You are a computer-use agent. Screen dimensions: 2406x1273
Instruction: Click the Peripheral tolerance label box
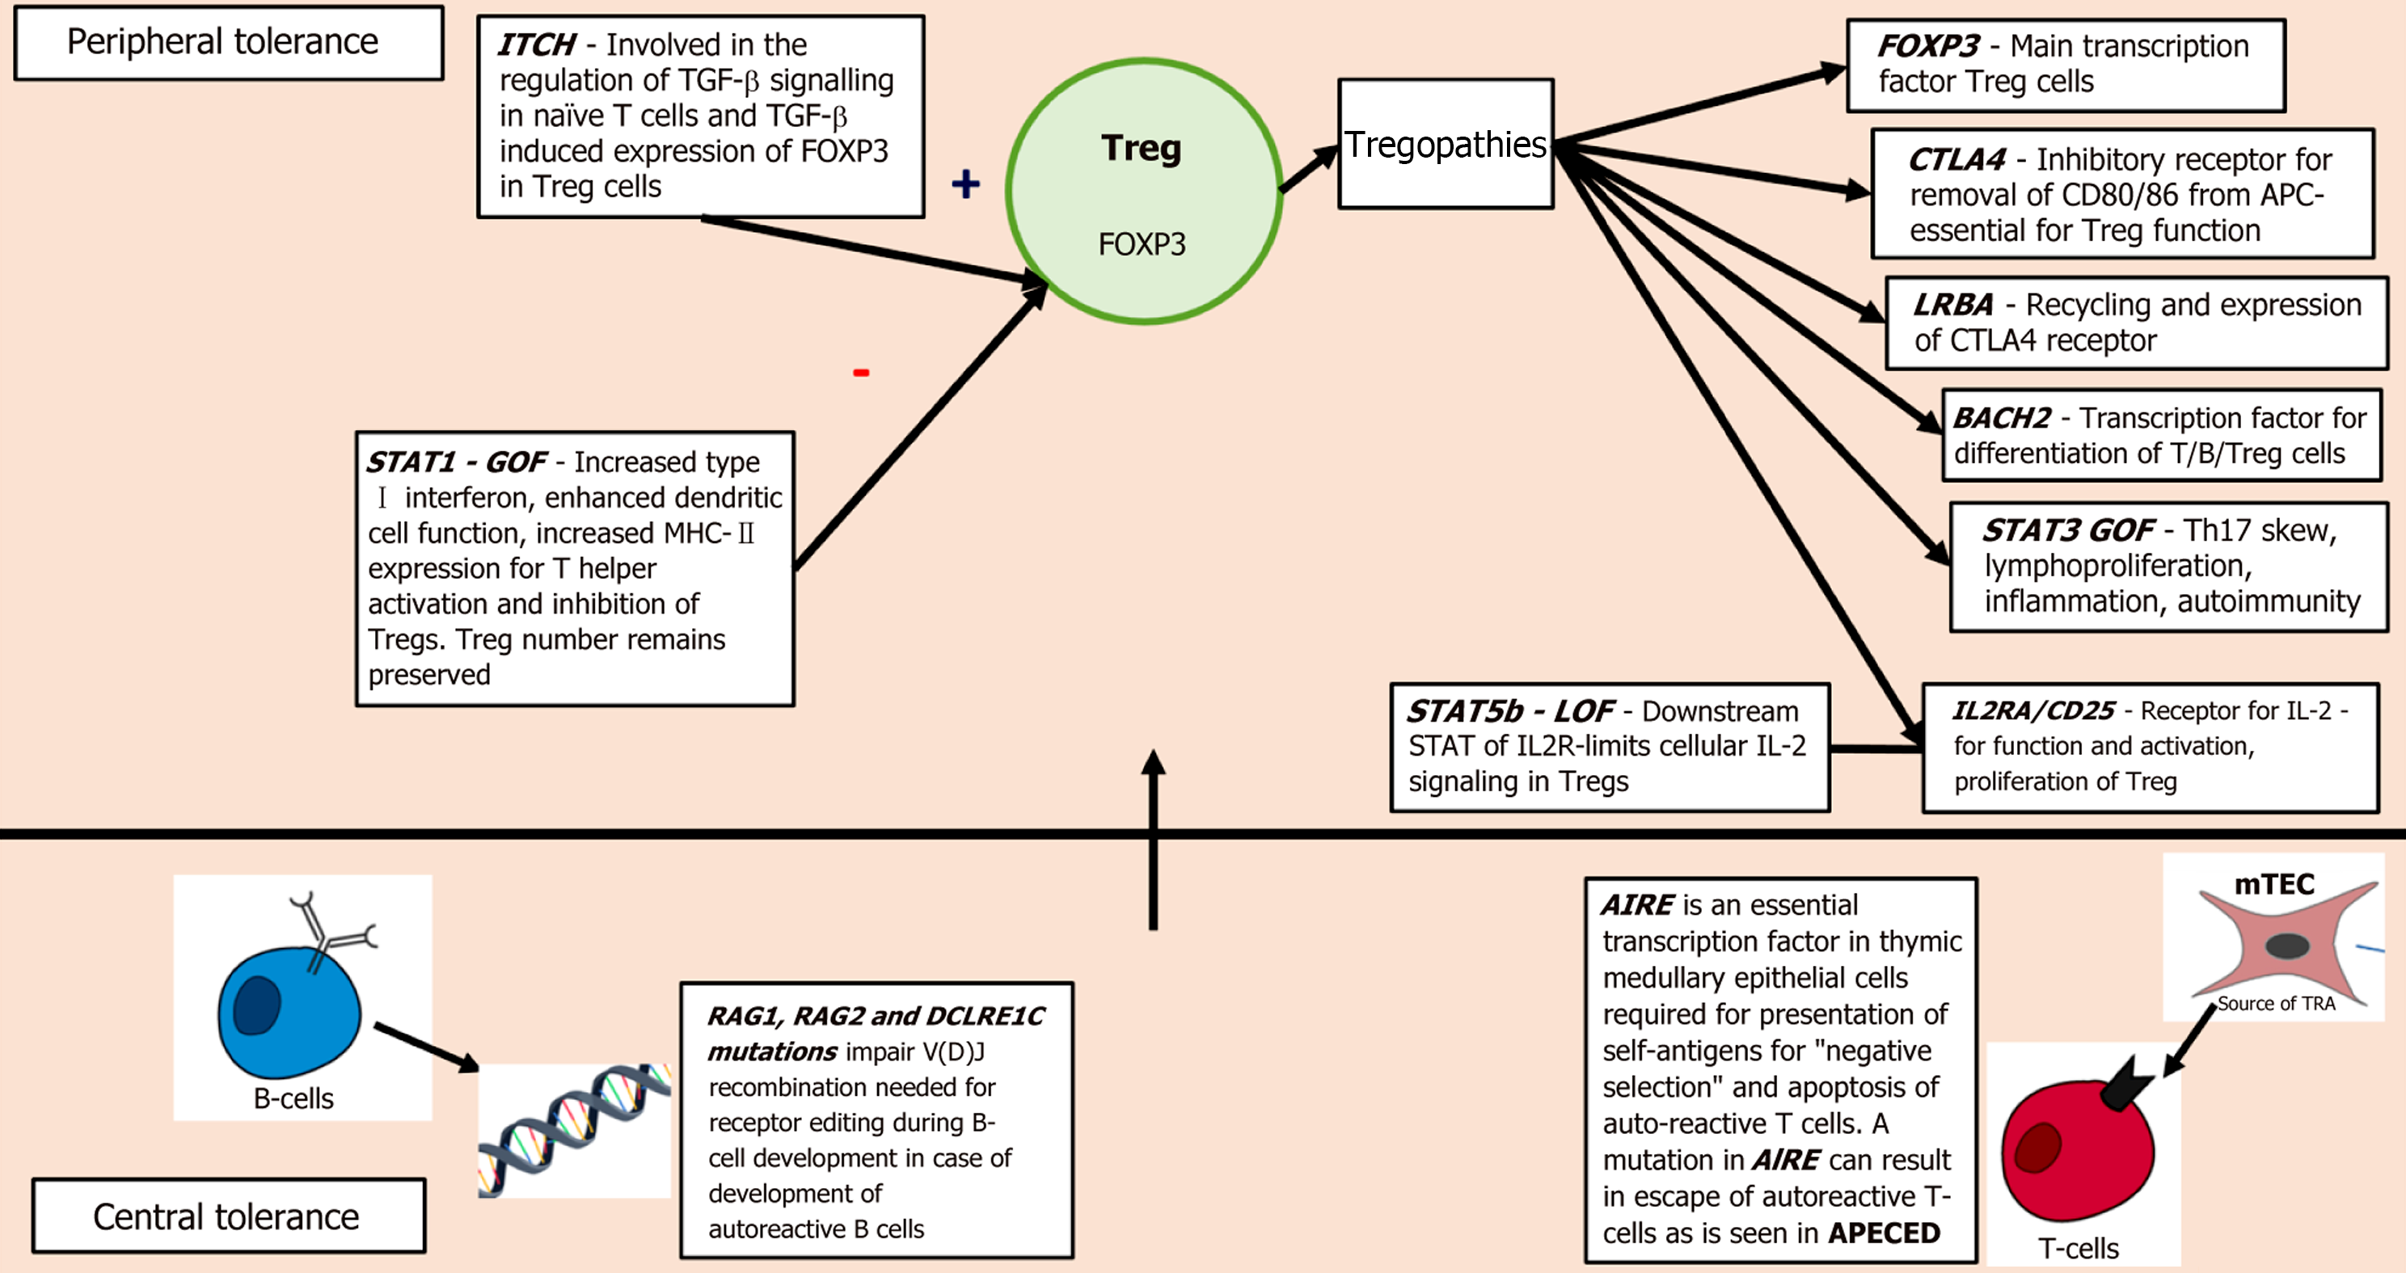pyautogui.click(x=229, y=43)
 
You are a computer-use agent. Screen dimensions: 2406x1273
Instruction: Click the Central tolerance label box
pyautogui.click(x=229, y=1216)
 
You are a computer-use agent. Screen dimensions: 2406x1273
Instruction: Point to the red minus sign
pyautogui.click(x=861, y=373)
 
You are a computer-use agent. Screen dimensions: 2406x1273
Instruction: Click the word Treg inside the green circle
pyautogui.click(x=1142, y=149)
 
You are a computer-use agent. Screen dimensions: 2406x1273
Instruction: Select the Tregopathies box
pyautogui.click(x=1446, y=144)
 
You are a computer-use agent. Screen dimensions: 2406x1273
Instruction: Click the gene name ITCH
pyautogui.click(x=537, y=44)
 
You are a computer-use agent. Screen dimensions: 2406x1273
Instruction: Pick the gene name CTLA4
pyautogui.click(x=1956, y=160)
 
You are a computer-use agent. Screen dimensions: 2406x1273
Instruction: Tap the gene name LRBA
pyautogui.click(x=1953, y=305)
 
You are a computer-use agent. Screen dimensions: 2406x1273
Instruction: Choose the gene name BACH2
pyautogui.click(x=2003, y=418)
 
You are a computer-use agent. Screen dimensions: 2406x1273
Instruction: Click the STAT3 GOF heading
pyautogui.click(x=2069, y=530)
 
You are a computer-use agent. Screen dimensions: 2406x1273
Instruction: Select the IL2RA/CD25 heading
pyautogui.click(x=2033, y=710)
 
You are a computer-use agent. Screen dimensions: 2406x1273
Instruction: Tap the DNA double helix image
pyautogui.click(x=574, y=1131)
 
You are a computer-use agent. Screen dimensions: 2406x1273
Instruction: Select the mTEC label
pyautogui.click(x=2274, y=884)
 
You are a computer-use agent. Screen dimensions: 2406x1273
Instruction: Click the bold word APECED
pyautogui.click(x=1884, y=1233)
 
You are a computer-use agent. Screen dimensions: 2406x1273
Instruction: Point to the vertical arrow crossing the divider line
pyautogui.click(x=1154, y=840)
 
